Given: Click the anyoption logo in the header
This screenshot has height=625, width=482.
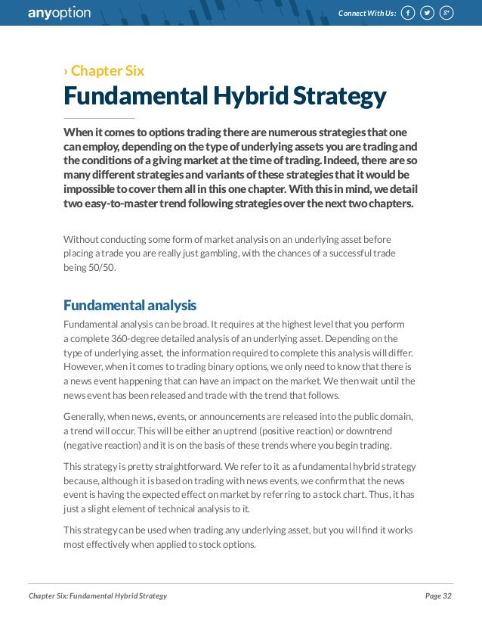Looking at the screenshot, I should [x=59, y=13].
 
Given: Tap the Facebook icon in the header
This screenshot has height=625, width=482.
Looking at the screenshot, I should [x=407, y=13].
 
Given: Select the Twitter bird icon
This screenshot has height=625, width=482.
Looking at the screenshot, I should [x=427, y=13].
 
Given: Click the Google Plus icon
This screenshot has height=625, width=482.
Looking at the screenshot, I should [x=446, y=13].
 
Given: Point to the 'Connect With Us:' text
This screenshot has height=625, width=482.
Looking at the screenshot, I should [x=367, y=13].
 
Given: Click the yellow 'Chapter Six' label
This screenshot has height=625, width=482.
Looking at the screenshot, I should [x=107, y=71].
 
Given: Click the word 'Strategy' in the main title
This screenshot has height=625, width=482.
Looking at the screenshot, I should [x=339, y=96].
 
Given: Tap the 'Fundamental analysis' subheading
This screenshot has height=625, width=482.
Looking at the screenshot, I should [x=130, y=306].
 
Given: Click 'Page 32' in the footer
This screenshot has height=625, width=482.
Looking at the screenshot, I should [x=438, y=596].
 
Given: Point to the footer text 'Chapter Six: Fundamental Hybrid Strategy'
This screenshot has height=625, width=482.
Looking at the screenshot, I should [x=97, y=596].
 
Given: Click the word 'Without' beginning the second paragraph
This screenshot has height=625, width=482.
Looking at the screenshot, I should [x=81, y=238].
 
